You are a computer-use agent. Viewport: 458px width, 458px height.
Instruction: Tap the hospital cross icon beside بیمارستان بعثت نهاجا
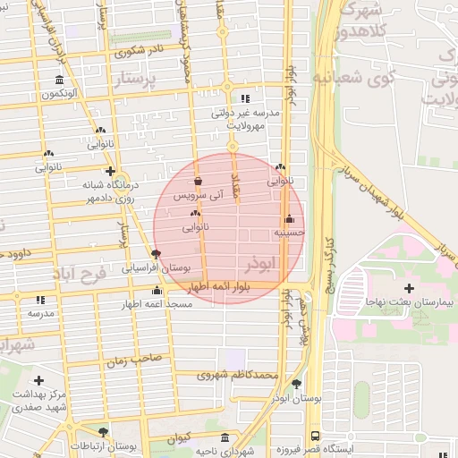point(410,288)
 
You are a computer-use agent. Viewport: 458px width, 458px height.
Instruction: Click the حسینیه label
point(289,232)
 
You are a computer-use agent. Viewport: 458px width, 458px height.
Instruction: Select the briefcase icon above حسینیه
point(289,219)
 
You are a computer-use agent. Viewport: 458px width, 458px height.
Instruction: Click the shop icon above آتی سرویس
point(198,181)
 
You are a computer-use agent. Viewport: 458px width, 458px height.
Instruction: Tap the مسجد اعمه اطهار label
point(159,305)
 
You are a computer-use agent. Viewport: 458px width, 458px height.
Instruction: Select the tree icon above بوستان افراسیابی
point(157,254)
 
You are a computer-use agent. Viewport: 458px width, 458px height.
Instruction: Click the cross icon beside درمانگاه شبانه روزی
point(110,171)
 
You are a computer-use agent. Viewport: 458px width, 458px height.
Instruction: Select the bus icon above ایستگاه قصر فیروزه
point(314,435)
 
